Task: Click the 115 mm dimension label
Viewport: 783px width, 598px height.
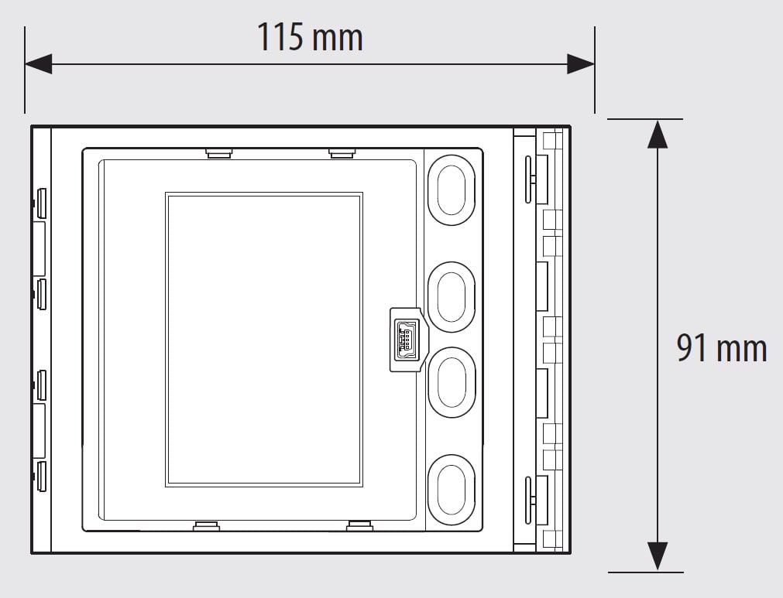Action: (310, 37)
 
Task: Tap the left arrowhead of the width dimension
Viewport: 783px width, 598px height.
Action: (39, 64)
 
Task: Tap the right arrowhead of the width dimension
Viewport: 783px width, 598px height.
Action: (581, 64)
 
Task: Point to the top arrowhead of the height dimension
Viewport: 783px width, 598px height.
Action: (658, 134)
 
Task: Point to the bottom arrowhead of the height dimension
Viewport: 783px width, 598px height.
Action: (658, 557)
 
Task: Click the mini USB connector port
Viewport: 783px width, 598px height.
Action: (406, 340)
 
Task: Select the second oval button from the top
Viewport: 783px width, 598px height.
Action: (452, 297)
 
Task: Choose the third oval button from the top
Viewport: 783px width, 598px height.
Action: (452, 382)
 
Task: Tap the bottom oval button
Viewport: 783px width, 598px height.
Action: (452, 490)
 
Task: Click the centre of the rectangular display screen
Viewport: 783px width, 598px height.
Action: (264, 340)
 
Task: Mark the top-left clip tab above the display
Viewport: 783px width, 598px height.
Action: (218, 152)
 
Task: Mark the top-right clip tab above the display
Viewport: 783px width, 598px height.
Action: (342, 152)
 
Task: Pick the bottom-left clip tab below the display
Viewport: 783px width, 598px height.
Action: (206, 526)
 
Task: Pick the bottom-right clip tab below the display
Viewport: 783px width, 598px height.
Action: (359, 526)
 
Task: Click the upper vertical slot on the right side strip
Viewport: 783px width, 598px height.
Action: (528, 179)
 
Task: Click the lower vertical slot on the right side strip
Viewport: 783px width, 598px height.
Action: (528, 501)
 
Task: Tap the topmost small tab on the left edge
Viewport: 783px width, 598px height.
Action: (42, 203)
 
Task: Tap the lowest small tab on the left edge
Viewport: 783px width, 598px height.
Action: (42, 477)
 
